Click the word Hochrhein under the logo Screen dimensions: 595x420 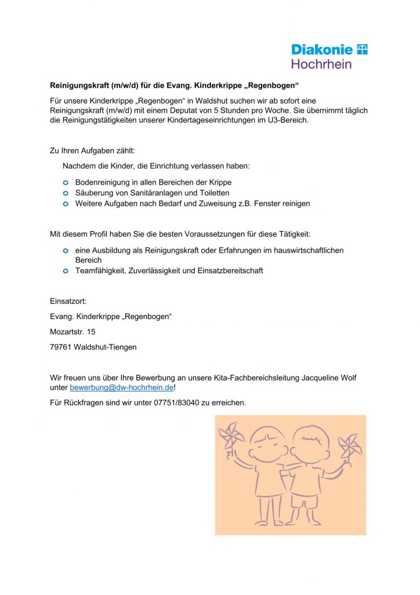point(321,63)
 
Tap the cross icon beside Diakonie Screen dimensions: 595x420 point(362,49)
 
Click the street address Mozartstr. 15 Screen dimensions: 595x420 point(73,332)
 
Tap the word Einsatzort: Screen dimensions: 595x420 point(68,301)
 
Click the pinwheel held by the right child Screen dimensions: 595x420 point(350,445)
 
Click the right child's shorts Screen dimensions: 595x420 point(305,499)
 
